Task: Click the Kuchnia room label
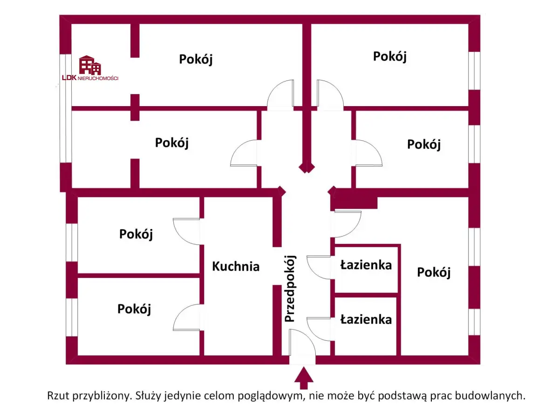[236, 266]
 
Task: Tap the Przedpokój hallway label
[290, 289]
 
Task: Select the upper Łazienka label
[366, 265]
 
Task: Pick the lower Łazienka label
[366, 320]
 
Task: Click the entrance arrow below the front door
[304, 377]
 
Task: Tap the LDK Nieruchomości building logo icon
[90, 65]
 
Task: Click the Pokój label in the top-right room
[390, 56]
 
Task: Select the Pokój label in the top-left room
[196, 59]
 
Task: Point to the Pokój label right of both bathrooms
[434, 272]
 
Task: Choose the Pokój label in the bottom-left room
[134, 309]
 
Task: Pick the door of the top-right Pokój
[330, 95]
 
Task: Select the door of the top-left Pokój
[280, 95]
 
